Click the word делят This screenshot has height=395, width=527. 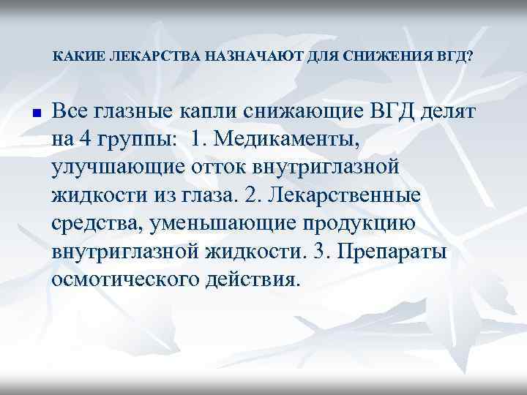click(x=448, y=112)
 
